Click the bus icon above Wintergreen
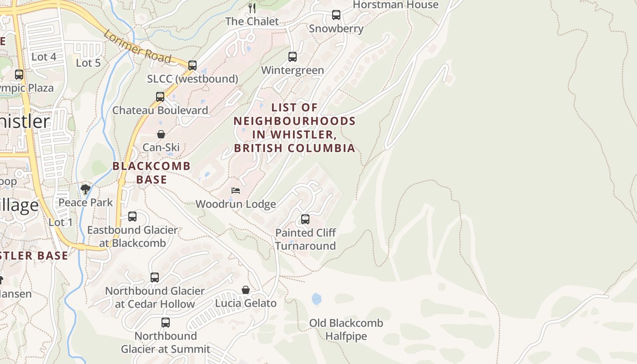coord(293,57)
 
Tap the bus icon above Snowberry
coord(336,15)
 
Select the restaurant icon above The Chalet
coord(252,8)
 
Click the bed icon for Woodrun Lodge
coord(236,191)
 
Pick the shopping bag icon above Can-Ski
coord(161,134)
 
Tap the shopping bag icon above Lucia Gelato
coord(246,290)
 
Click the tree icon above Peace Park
coord(85,189)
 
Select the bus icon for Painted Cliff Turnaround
coord(305,219)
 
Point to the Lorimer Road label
coord(137,46)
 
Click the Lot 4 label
coord(44,57)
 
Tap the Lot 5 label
coord(88,63)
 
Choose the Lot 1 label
coord(61,222)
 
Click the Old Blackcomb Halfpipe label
coord(346,329)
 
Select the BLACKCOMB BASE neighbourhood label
coord(152,172)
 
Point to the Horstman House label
coord(395,5)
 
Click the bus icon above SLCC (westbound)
coord(192,65)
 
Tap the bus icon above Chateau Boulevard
coord(160,96)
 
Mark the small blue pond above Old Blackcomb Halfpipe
coord(316,299)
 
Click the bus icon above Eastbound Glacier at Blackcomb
coord(132,217)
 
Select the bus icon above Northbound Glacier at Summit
coord(166,323)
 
